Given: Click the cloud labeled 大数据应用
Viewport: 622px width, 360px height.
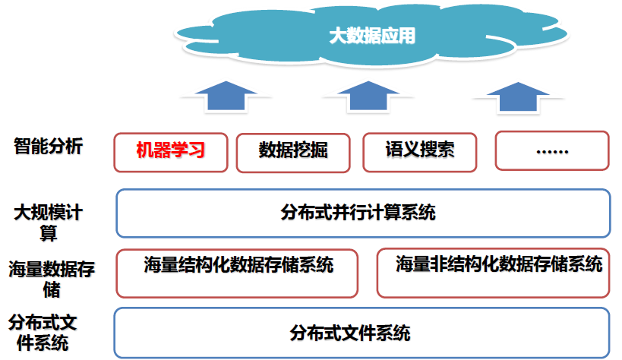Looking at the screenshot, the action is click(371, 35).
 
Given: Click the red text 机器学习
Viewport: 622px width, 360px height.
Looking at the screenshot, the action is click(171, 150).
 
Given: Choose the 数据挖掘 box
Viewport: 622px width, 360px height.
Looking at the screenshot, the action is click(293, 153).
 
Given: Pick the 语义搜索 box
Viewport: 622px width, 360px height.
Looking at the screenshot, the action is click(420, 153).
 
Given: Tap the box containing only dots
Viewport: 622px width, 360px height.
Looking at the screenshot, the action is click(552, 151).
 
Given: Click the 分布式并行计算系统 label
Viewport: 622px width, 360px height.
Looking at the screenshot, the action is click(358, 213).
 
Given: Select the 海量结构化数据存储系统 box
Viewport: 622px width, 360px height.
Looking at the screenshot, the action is click(237, 273).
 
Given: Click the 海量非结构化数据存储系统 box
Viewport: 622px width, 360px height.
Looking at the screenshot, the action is click(493, 273).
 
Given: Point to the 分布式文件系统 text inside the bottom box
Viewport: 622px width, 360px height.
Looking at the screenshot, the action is click(350, 333).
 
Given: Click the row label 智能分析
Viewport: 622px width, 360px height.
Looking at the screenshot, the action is click(49, 146).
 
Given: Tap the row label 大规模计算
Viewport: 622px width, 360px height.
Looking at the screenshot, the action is click(49, 223).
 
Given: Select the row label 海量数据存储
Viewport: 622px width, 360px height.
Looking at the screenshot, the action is click(52, 279).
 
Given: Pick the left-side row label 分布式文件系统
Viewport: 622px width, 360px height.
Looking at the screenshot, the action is click(43, 333).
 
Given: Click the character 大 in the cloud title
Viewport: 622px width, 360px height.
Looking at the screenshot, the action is click(337, 36).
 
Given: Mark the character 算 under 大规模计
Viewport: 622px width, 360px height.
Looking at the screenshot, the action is click(49, 233).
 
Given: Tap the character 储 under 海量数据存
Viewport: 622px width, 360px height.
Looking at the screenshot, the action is click(52, 289).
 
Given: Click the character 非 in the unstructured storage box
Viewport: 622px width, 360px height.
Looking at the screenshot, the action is click(439, 264).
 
